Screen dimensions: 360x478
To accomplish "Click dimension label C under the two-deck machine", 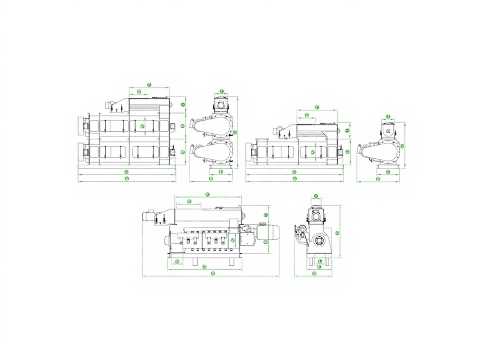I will [x=126, y=171].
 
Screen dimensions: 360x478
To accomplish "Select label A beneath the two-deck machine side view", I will [x=127, y=179].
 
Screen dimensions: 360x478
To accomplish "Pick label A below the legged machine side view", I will [x=212, y=273].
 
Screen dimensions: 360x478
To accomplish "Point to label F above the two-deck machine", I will [x=149, y=85].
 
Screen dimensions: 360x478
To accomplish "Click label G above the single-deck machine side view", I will [x=307, y=116].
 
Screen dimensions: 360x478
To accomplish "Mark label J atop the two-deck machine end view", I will [x=221, y=91].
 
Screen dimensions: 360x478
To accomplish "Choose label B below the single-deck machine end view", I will [x=378, y=179].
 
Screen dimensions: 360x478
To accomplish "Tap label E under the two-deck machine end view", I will [x=221, y=171].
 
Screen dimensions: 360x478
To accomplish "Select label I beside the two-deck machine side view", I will [x=183, y=105].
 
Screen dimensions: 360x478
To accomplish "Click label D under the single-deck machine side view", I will [x=294, y=171].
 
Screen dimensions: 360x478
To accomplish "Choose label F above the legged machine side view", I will [x=207, y=194].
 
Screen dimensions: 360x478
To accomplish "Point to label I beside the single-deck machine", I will [x=347, y=130].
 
